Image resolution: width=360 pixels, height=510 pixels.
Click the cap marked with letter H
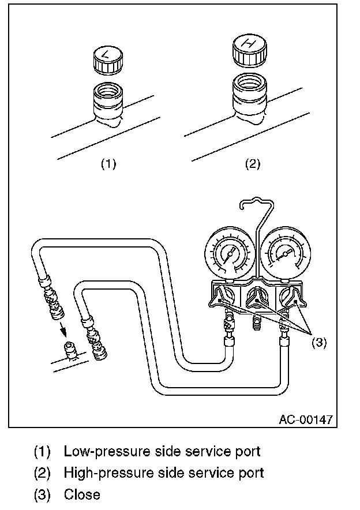tap(249, 50)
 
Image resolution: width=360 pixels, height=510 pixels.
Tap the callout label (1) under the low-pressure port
tap(108, 164)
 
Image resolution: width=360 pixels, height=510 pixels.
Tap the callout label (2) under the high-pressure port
tap(252, 164)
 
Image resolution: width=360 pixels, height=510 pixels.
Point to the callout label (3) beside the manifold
tap(320, 342)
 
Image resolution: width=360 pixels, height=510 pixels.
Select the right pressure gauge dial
tap(284, 254)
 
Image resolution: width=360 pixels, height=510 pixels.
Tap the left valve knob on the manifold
tap(222, 297)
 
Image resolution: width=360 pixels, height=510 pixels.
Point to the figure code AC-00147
tap(306, 419)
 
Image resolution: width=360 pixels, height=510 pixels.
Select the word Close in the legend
tap(82, 494)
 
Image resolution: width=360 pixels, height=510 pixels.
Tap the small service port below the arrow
tap(70, 350)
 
